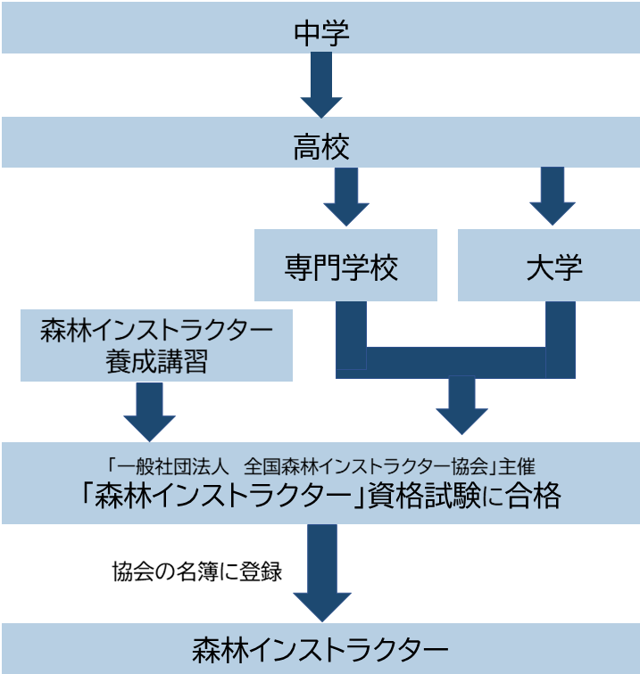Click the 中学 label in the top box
point(320,34)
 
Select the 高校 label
point(320,147)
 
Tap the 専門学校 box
point(345,267)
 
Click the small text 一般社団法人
point(166,464)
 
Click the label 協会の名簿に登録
point(197,571)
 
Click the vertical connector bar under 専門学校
point(351,335)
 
